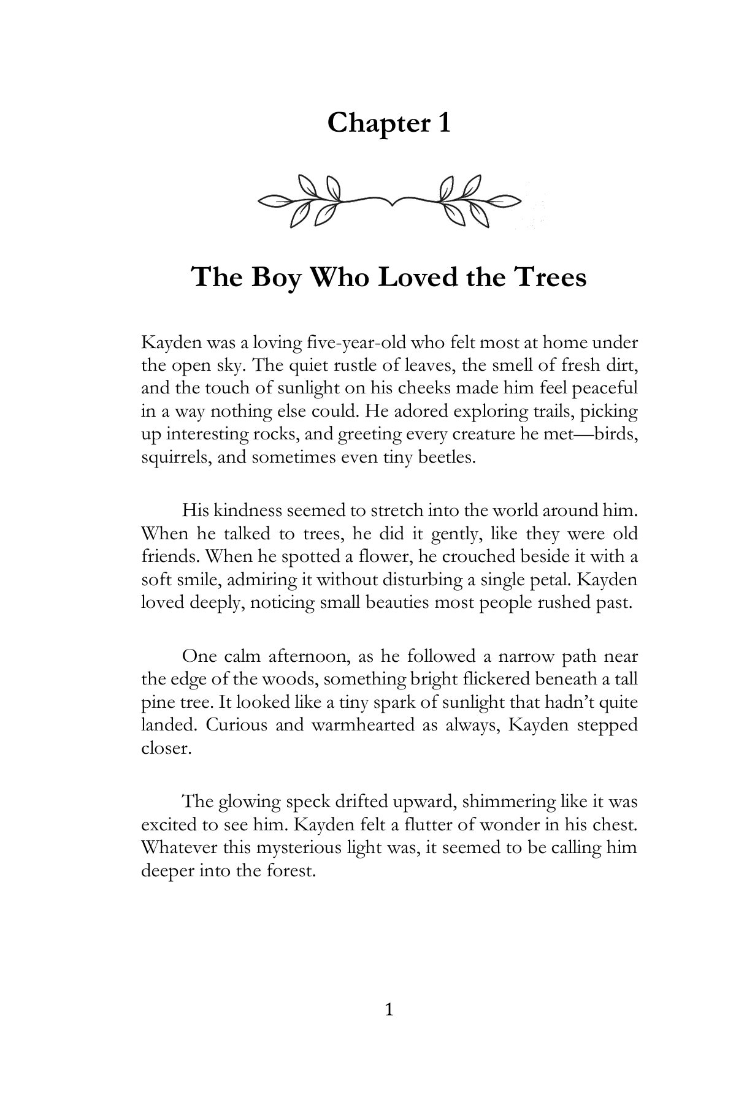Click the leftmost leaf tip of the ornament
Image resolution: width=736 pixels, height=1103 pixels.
tap(261, 200)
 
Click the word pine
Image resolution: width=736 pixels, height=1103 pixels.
tap(156, 702)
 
